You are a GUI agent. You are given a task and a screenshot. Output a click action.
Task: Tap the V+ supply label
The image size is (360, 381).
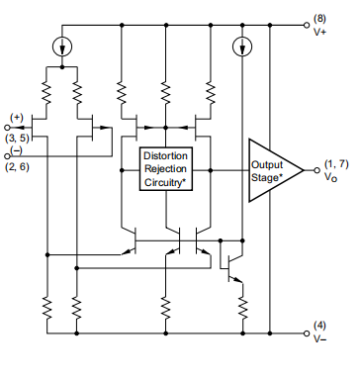point(321,32)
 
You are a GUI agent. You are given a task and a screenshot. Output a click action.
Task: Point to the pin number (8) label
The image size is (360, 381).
point(320,18)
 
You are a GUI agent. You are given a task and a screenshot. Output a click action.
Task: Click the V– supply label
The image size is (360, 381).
point(321,338)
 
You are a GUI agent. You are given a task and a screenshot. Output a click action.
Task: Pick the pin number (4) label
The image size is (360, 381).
point(320,325)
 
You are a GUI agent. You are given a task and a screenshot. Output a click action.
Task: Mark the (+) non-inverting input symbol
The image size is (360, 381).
point(17,118)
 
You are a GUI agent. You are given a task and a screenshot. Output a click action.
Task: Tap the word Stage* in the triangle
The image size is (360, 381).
point(267,178)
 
